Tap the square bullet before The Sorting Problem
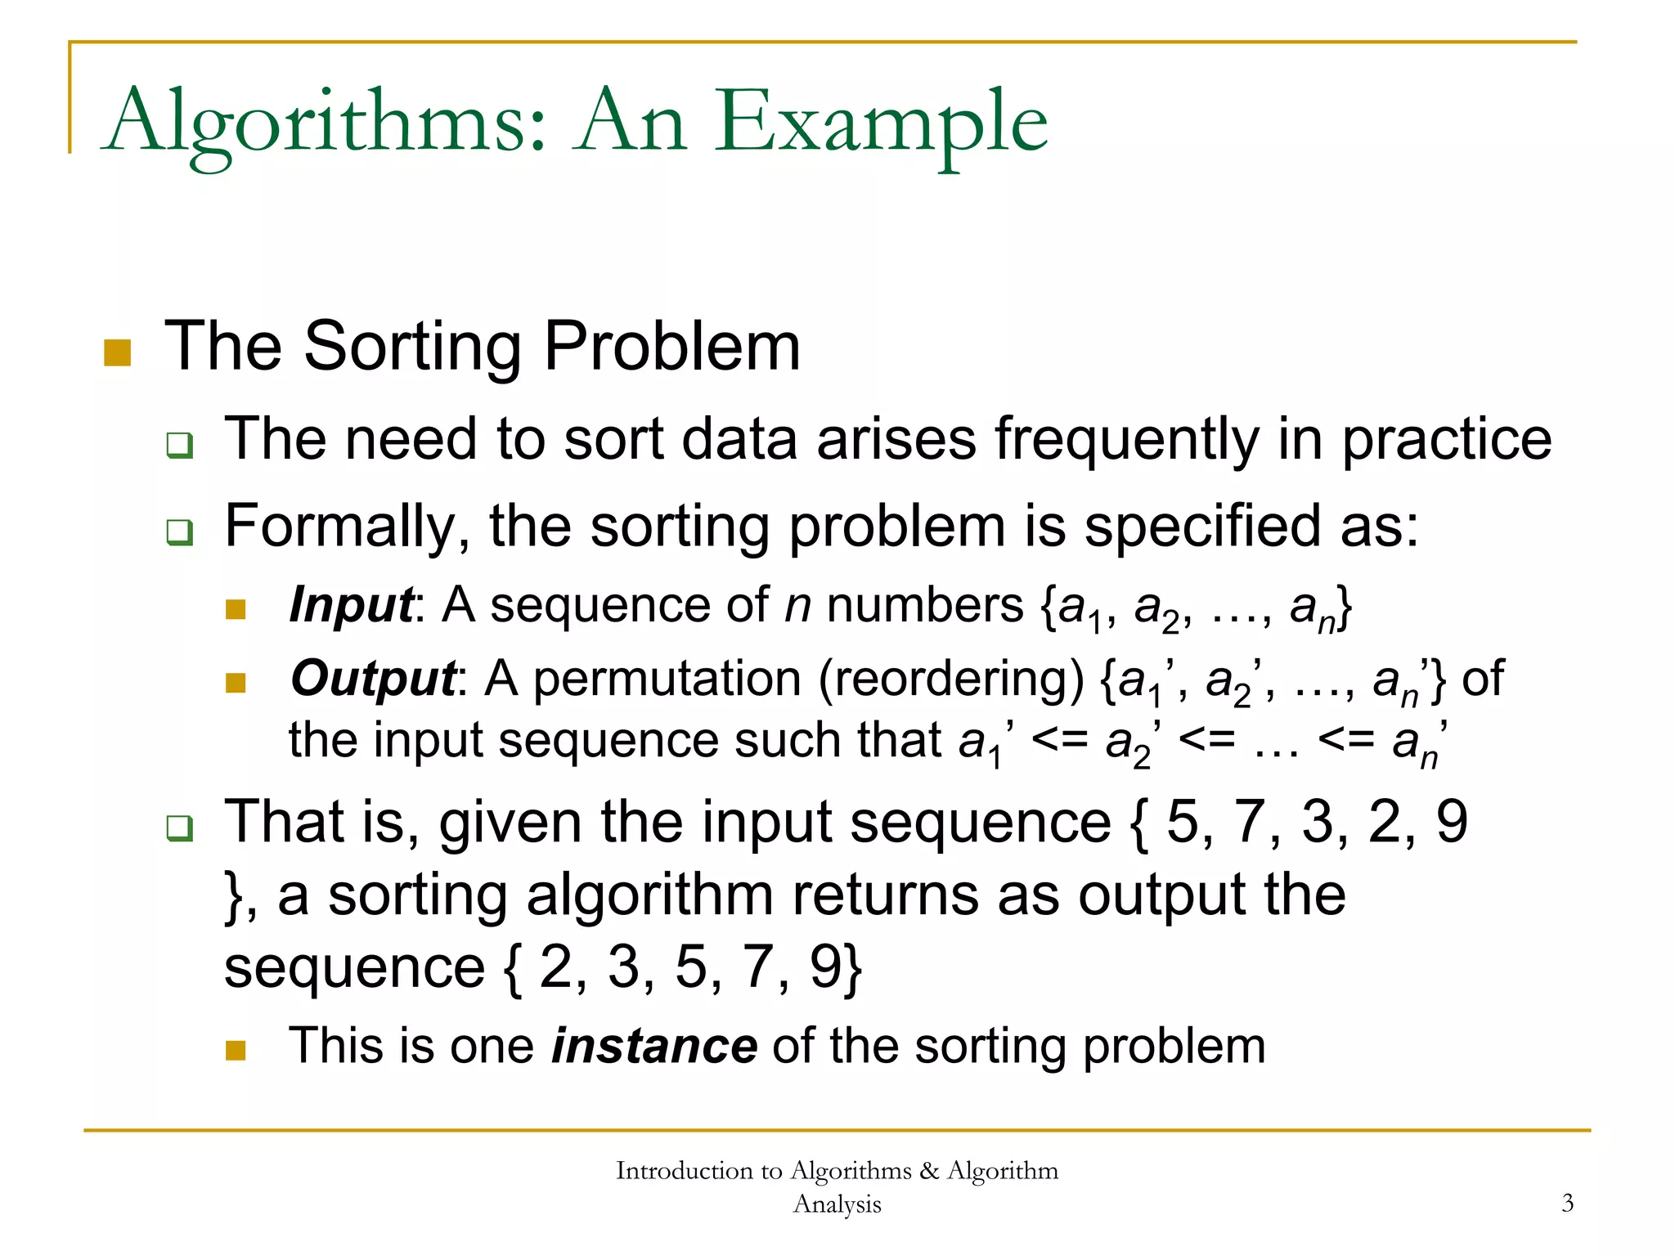click(118, 352)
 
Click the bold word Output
click(373, 680)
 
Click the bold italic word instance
click(654, 1046)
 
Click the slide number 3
click(1567, 1203)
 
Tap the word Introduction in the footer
click(687, 1171)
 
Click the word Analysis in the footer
click(837, 1204)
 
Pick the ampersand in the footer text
click(929, 1171)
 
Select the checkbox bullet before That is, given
click(179, 828)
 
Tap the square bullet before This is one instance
click(236, 1050)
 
